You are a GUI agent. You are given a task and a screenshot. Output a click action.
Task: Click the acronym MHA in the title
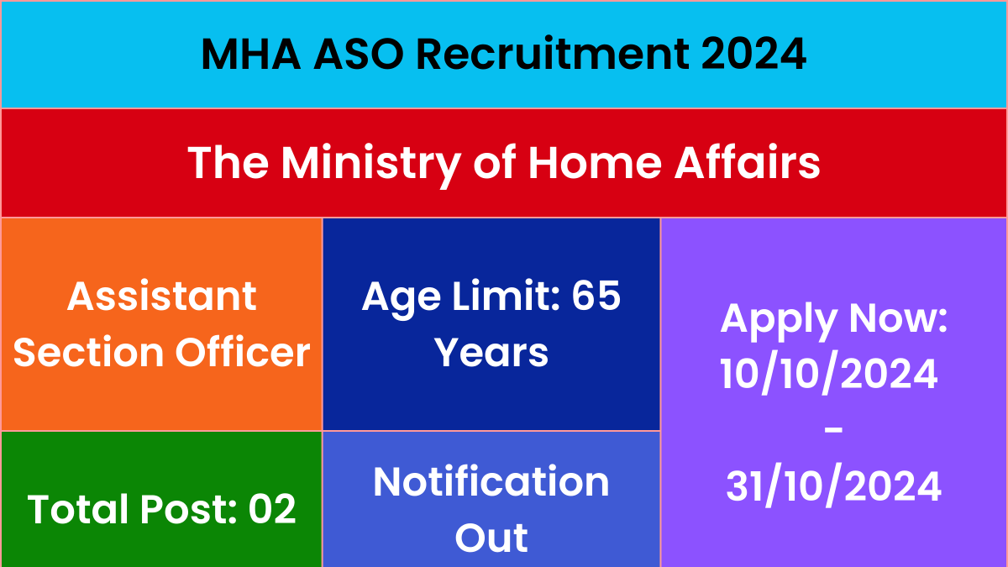[x=251, y=54]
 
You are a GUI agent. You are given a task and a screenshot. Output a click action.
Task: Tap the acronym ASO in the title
[x=358, y=54]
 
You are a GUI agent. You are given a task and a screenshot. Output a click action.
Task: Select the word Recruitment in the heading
[x=553, y=54]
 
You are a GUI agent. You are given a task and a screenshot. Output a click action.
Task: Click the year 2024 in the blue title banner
[x=753, y=54]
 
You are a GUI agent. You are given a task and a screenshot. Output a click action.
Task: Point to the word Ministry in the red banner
[x=370, y=164]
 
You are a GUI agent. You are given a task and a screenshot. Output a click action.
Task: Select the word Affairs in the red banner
[x=747, y=161]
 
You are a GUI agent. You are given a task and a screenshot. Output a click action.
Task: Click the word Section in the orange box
[x=88, y=352]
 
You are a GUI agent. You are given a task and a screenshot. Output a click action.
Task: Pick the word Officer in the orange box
[x=243, y=351]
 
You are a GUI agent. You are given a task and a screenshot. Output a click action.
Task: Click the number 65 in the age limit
[x=596, y=296]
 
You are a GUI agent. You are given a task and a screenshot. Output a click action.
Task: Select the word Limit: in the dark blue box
[x=507, y=295]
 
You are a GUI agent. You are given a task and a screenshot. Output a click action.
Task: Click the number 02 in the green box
[x=272, y=509]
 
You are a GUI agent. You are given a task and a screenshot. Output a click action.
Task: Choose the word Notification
[x=491, y=481]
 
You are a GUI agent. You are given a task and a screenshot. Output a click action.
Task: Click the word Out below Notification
[x=491, y=538]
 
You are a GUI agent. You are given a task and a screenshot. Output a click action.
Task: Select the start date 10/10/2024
[x=829, y=375]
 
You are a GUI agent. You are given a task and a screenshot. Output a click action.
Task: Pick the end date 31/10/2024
[x=833, y=487]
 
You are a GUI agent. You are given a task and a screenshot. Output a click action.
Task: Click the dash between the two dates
[x=833, y=430]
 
